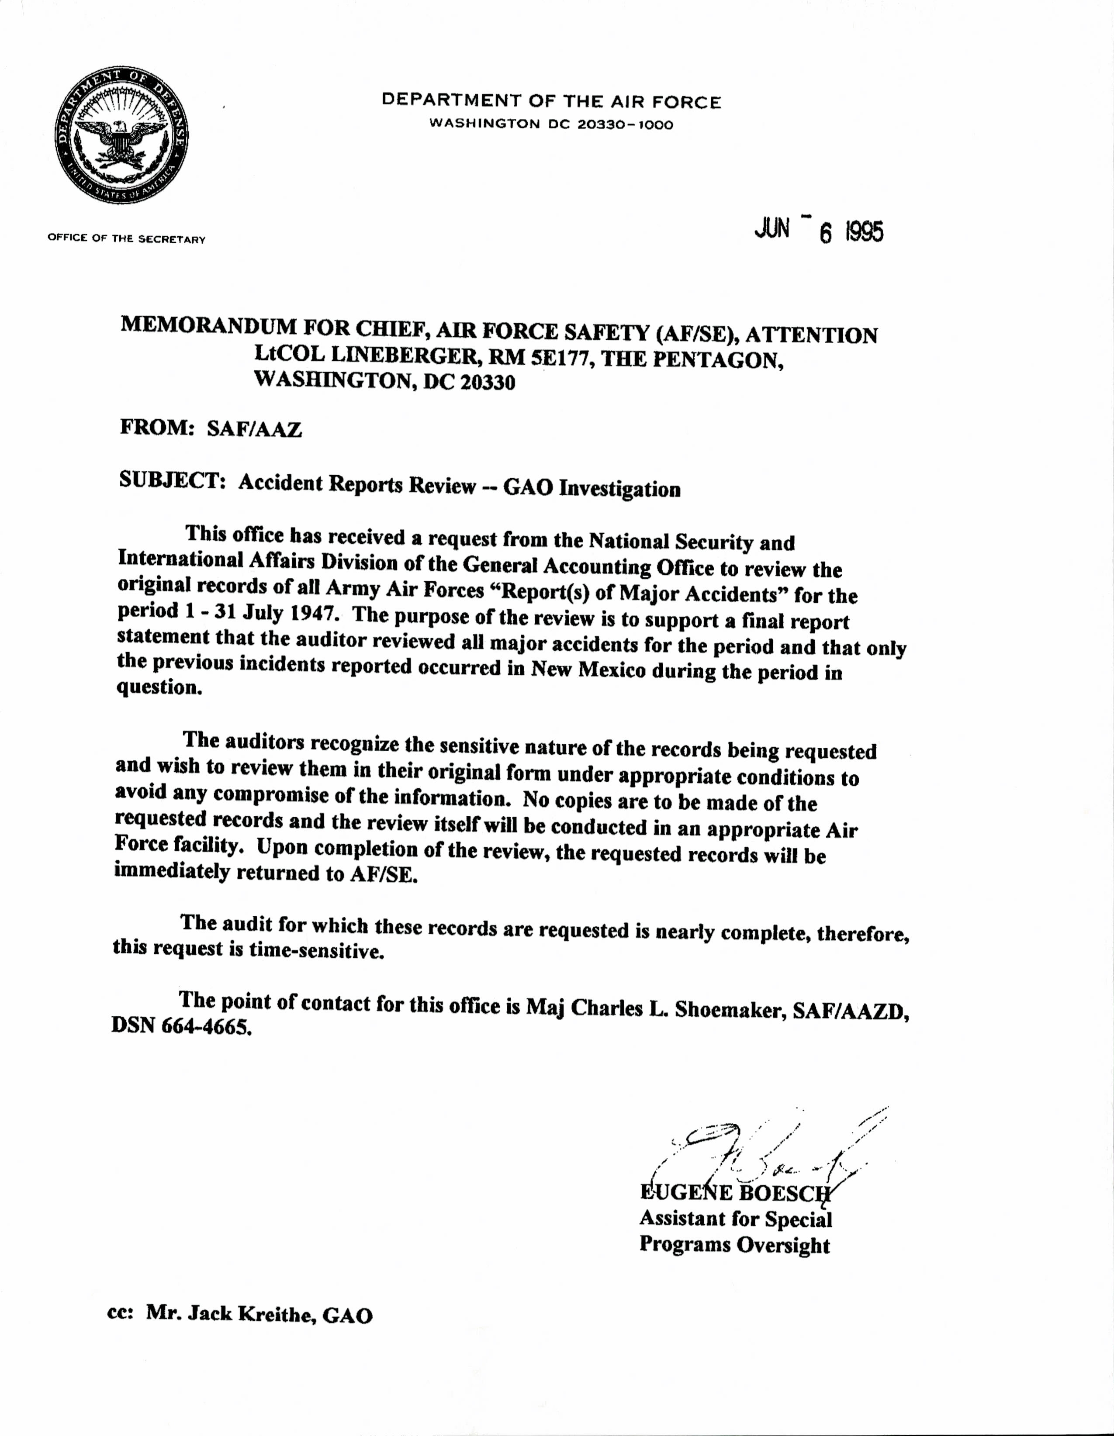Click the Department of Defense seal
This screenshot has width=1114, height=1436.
121,135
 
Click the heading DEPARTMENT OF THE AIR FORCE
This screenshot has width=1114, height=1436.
551,101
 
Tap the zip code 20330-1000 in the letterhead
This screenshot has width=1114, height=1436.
625,124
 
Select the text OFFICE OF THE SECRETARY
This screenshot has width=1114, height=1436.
126,238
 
